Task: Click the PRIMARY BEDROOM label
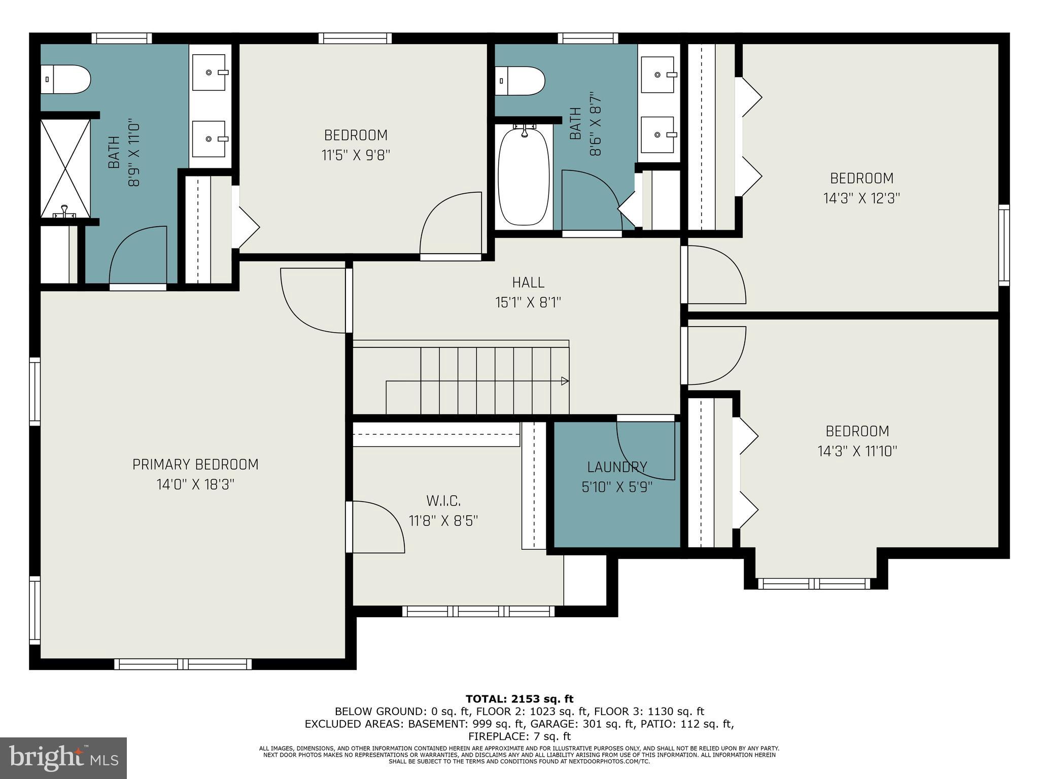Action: click(x=195, y=465)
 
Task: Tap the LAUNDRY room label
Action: click(x=617, y=467)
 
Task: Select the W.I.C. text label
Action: click(x=443, y=502)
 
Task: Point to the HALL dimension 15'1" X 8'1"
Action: click(x=528, y=303)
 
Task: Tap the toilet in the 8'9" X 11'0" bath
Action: click(x=66, y=80)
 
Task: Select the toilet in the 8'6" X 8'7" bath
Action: click(x=520, y=81)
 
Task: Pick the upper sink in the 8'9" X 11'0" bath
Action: click(x=209, y=73)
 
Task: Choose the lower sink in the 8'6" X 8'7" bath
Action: click(x=657, y=134)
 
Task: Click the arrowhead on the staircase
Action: click(x=565, y=381)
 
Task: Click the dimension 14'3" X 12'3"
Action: click(x=861, y=198)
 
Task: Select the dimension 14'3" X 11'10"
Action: click(x=857, y=451)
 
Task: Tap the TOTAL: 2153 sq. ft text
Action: click(x=519, y=699)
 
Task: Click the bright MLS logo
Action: click(x=63, y=758)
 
